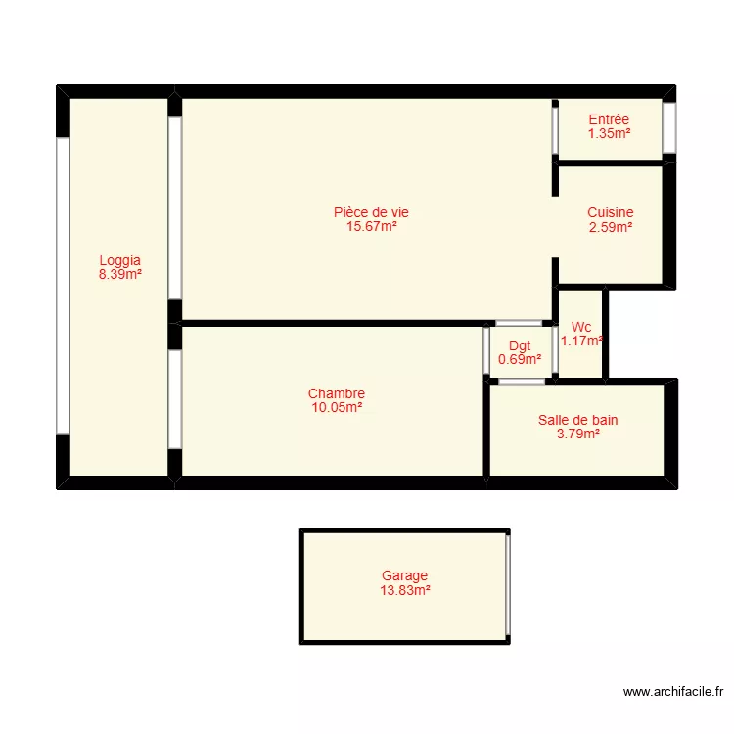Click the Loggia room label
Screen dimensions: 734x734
click(x=119, y=261)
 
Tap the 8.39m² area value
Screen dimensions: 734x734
click(x=119, y=275)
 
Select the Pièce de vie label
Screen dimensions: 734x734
click(x=371, y=212)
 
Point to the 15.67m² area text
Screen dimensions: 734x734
click(x=371, y=226)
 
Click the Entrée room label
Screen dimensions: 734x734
click(x=609, y=119)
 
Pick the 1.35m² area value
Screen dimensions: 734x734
click(x=609, y=133)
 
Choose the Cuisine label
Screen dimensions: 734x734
click(x=610, y=212)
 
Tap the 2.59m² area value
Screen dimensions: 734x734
click(x=610, y=227)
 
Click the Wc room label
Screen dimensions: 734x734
click(x=581, y=327)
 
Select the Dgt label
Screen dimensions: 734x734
click(x=520, y=345)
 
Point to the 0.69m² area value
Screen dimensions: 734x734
click(x=520, y=359)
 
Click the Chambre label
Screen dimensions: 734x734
click(x=337, y=393)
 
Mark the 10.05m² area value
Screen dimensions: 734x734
click(x=337, y=407)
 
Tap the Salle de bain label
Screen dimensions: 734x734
click(x=577, y=420)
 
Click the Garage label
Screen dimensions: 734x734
click(x=405, y=576)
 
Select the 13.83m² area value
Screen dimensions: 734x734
click(x=405, y=590)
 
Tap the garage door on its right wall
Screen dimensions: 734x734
click(x=508, y=585)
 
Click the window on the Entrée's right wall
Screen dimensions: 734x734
click(x=669, y=127)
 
